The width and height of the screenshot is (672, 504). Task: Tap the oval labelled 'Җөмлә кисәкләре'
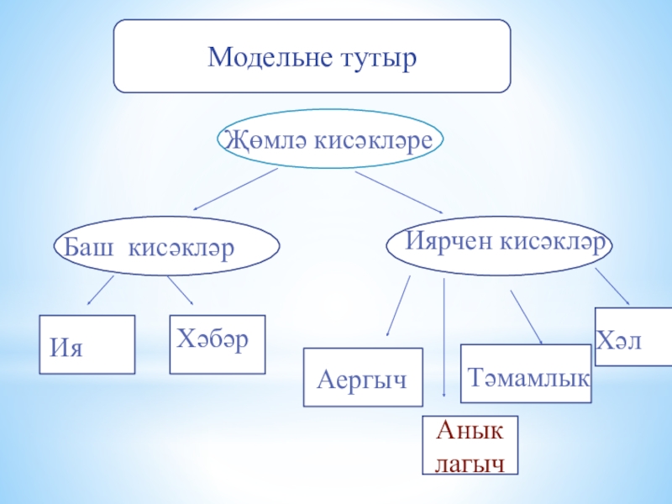coord(330,140)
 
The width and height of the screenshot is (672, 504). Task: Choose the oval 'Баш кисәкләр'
coord(165,248)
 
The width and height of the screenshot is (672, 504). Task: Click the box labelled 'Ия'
coord(87,344)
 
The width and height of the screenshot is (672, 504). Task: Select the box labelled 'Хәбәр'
coord(217,344)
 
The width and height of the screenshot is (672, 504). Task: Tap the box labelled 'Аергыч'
coord(362,378)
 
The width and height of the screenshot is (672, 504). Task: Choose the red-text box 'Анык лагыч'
coord(470,445)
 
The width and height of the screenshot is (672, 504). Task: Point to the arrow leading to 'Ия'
coord(101,290)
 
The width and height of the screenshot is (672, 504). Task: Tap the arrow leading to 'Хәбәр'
coord(181,290)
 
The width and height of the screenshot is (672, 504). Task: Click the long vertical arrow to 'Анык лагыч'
coord(444,336)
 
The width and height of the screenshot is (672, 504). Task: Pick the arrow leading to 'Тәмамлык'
coord(526,317)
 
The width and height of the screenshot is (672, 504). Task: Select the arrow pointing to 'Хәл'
coord(612,287)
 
